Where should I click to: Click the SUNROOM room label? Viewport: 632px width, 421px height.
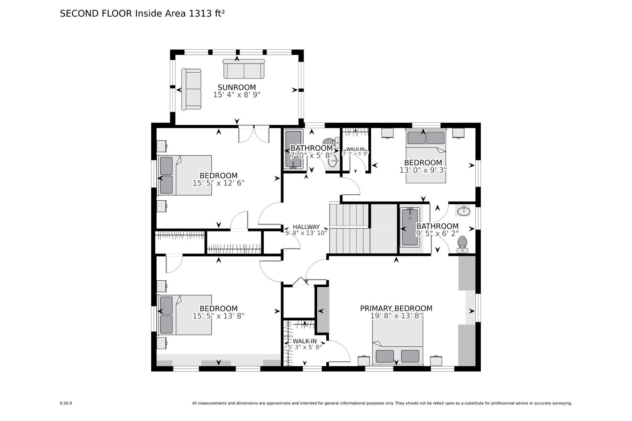pos(237,87)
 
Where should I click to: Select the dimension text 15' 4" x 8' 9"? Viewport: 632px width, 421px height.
pos(237,95)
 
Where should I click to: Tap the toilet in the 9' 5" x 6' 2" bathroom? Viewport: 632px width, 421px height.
pos(462,244)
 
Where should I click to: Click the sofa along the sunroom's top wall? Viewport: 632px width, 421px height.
pos(244,69)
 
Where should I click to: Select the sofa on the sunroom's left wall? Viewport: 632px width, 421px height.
pos(191,89)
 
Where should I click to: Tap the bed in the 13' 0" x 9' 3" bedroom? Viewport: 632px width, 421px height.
pos(426,156)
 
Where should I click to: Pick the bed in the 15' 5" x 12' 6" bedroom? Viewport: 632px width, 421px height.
pos(185,175)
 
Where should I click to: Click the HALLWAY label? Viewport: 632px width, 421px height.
pos(306,227)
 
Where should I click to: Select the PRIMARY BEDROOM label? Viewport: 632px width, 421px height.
pos(396,308)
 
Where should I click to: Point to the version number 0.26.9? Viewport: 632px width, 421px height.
pos(66,403)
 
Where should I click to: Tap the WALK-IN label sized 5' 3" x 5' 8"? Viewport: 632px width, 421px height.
pos(304,341)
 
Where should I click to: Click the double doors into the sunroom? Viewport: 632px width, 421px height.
pos(254,133)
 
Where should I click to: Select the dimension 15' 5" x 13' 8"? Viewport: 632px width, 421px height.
pos(218,316)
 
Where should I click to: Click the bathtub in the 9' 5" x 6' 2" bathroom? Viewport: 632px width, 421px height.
pos(410,226)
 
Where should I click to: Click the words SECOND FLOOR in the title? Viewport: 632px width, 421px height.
pos(96,13)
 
